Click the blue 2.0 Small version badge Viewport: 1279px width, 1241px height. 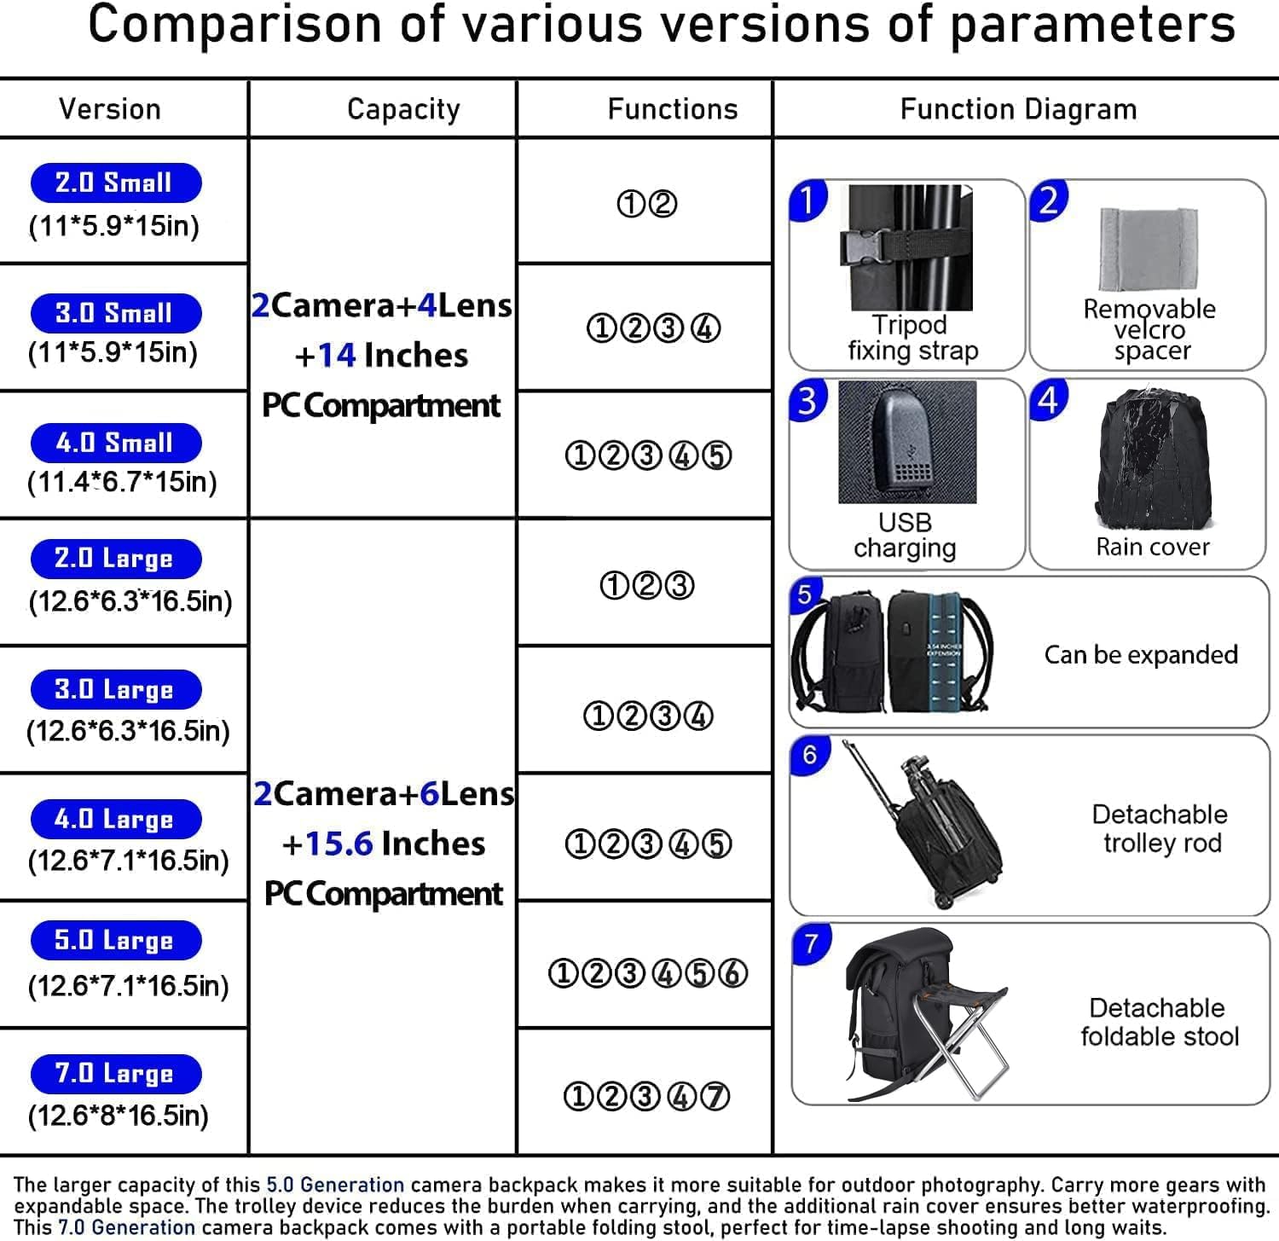pyautogui.click(x=115, y=183)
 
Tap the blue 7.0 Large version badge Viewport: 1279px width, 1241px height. pyautogui.click(x=115, y=1074)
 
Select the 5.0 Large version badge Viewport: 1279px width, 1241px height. pyautogui.click(x=115, y=941)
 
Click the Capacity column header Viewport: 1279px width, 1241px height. pyautogui.click(x=403, y=109)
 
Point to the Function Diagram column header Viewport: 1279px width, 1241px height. pyautogui.click(x=1018, y=109)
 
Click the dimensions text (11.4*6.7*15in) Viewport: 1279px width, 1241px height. pyautogui.click(x=122, y=482)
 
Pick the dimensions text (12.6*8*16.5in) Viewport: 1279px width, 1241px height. pyautogui.click(x=118, y=1116)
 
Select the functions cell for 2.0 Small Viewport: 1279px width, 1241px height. pyautogui.click(x=646, y=204)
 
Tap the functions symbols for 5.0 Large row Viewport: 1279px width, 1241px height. pyautogui.click(x=647, y=973)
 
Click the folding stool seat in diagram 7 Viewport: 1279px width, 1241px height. pyautogui.click(x=964, y=997)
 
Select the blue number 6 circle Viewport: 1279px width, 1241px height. pyautogui.click(x=809, y=756)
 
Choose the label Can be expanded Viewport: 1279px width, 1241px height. pyautogui.click(x=1141, y=655)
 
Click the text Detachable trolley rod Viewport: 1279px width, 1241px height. pyautogui.click(x=1160, y=828)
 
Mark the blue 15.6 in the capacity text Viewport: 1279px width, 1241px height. pyautogui.click(x=339, y=844)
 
